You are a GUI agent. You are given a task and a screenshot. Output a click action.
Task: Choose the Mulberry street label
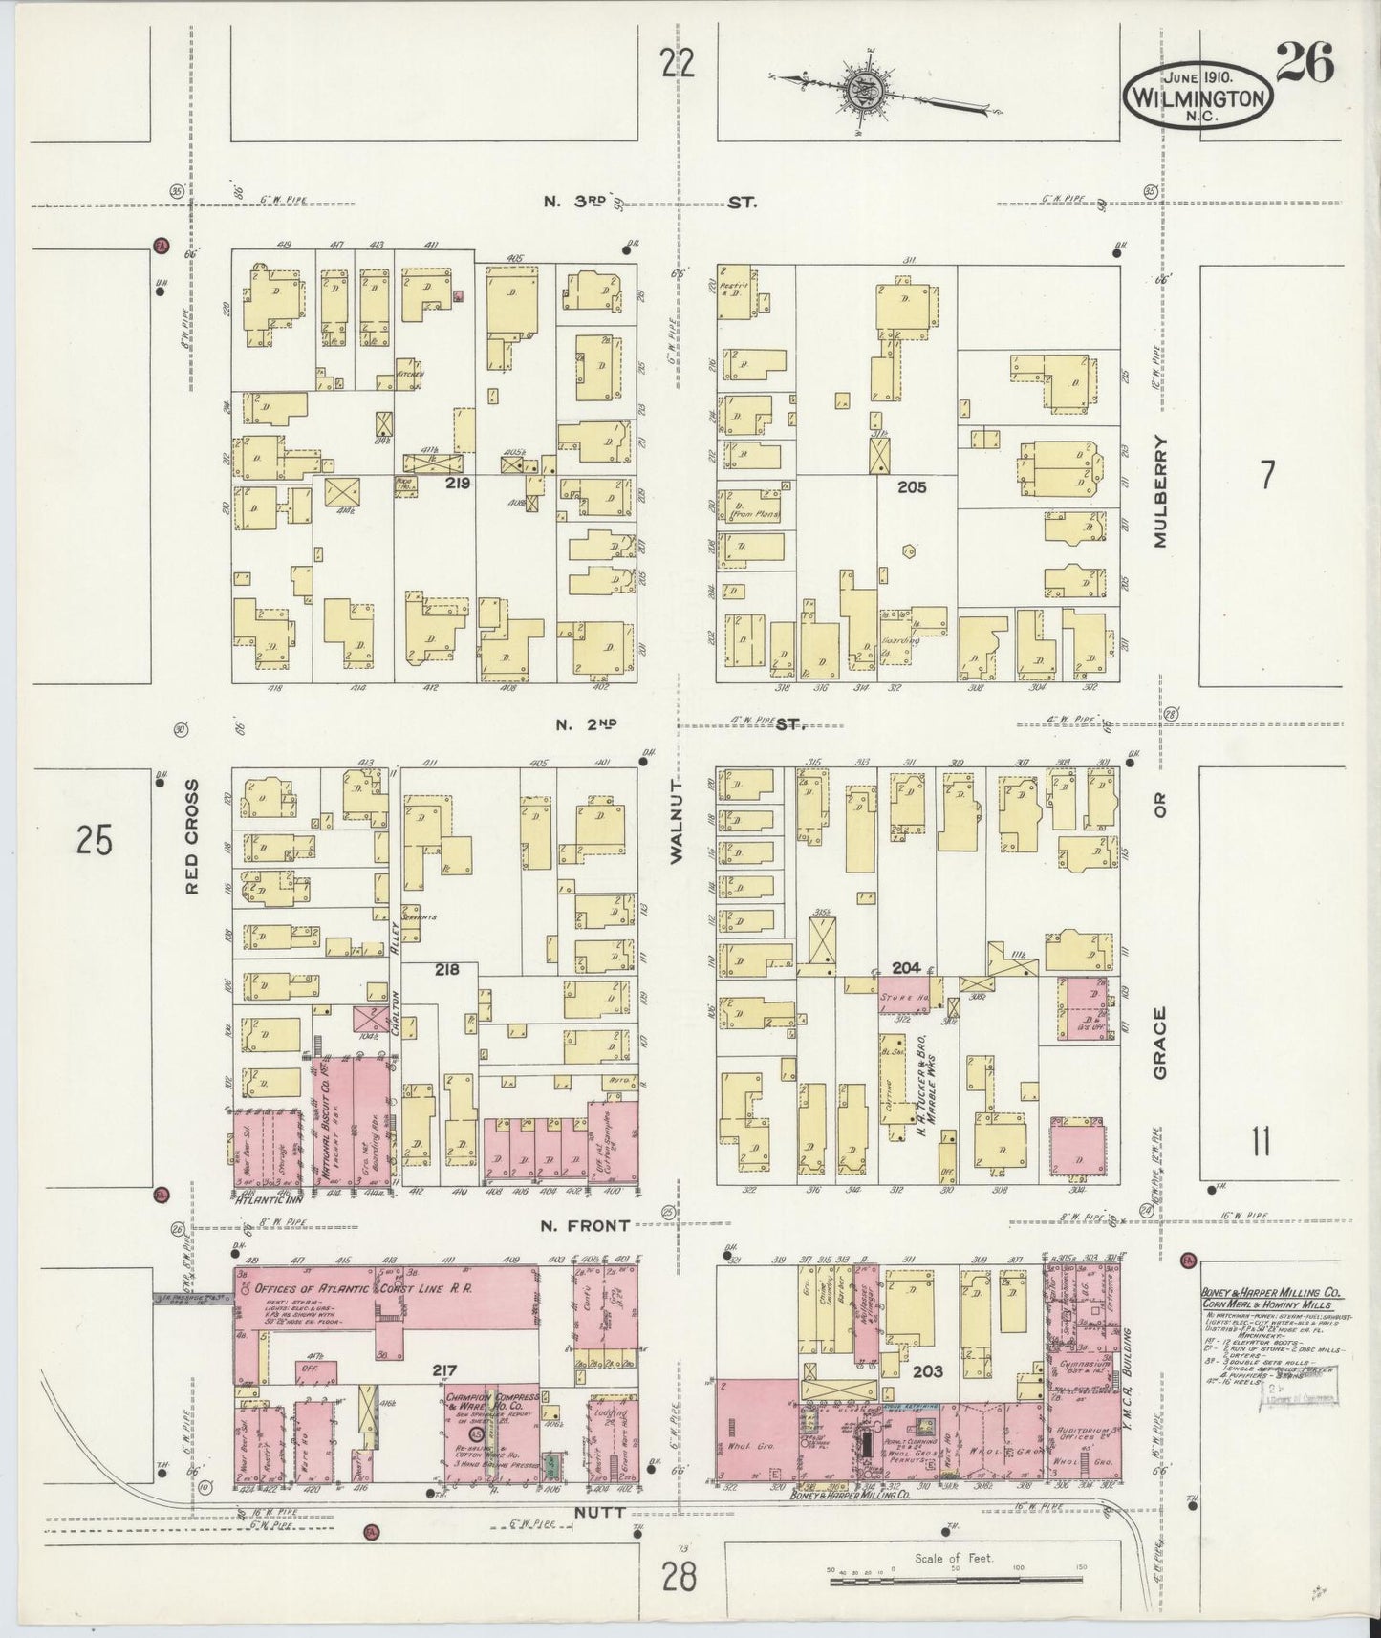point(1161,491)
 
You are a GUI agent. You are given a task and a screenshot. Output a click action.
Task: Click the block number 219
point(458,485)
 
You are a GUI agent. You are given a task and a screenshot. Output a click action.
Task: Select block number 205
point(912,486)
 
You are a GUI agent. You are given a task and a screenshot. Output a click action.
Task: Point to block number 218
point(447,969)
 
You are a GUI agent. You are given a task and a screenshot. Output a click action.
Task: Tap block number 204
point(905,968)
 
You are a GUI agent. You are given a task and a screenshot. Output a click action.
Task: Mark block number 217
point(443,1370)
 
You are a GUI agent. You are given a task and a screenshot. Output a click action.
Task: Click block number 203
point(927,1370)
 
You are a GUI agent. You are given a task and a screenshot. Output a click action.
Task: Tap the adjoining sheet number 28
point(678,1575)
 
